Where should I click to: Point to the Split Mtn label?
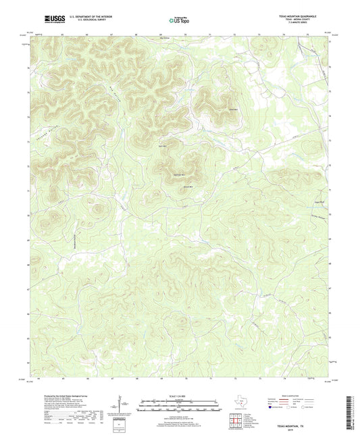tap(162, 146)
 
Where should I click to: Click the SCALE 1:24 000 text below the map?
tap(179, 396)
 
